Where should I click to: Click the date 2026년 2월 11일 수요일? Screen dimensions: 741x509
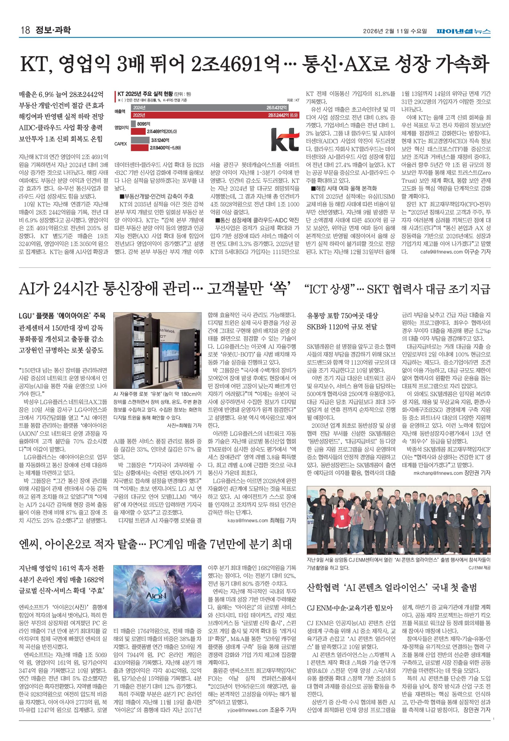point(395,31)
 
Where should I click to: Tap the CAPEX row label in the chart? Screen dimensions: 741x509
point(121,144)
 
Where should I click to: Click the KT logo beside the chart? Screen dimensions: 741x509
point(285,139)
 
